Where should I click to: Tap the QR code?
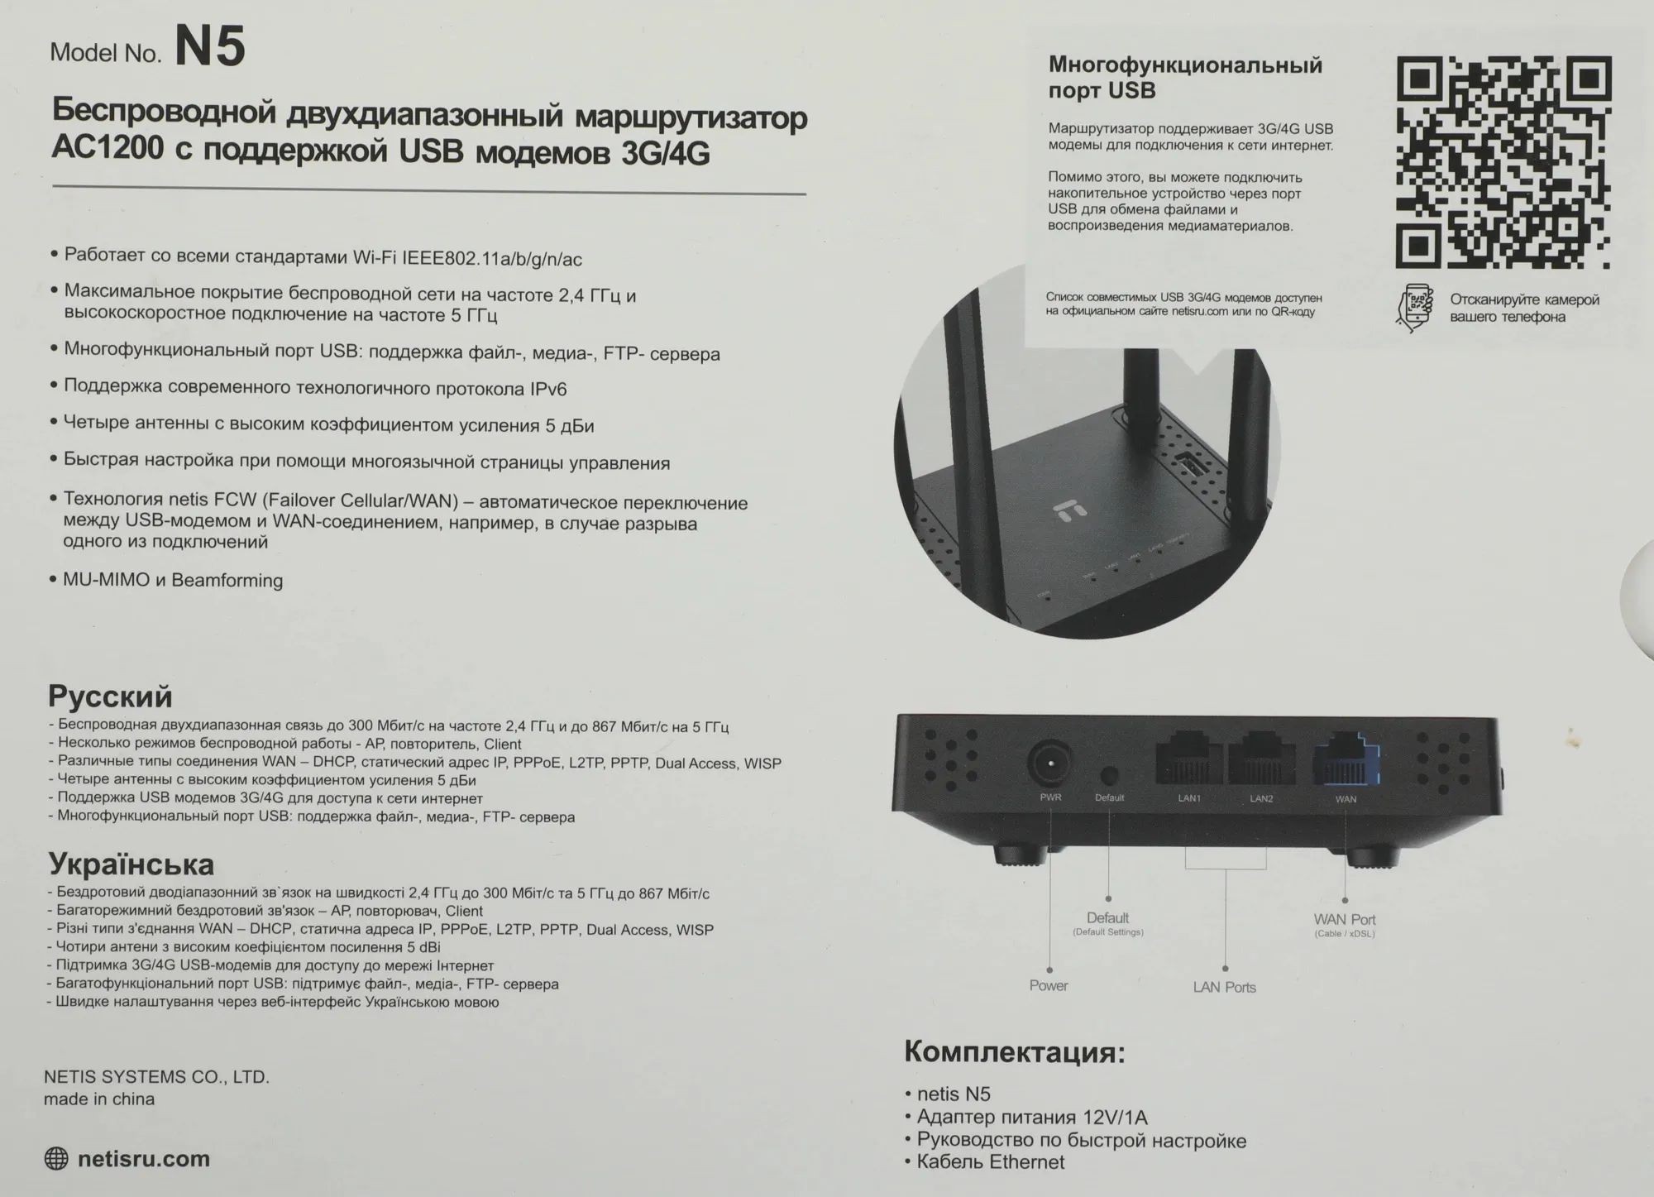pos(1503,162)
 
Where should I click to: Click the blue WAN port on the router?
pos(1346,760)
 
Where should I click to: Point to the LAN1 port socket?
pos(1189,760)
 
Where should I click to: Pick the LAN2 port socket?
pos(1261,760)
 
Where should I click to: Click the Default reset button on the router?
pos(1109,775)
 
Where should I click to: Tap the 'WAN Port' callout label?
pos(1345,920)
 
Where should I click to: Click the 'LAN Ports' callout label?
pos(1224,987)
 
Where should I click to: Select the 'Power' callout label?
pos(1049,985)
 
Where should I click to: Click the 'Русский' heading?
pos(110,697)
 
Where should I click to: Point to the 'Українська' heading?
pos(131,864)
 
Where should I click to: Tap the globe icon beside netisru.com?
pos(56,1159)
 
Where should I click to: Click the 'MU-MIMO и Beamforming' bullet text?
pos(173,580)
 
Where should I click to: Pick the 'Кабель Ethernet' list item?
pos(991,1162)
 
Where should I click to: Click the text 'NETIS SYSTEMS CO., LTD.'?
pos(156,1077)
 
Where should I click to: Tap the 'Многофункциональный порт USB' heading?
pos(1184,77)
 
